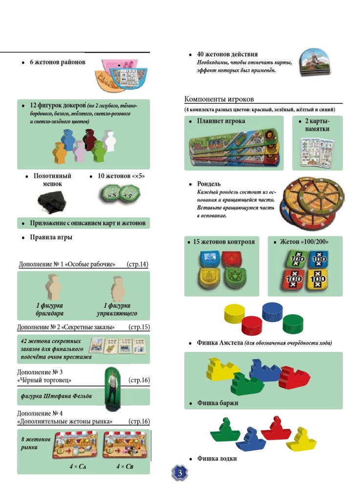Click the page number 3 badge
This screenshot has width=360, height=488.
tap(179, 473)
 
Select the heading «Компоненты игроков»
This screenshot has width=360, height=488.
tap(219, 100)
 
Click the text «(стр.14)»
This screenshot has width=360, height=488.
tap(137, 264)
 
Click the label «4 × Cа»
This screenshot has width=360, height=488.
tap(79, 467)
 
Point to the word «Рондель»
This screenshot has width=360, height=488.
tap(209, 184)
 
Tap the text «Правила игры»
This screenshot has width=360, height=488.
tap(51, 238)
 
